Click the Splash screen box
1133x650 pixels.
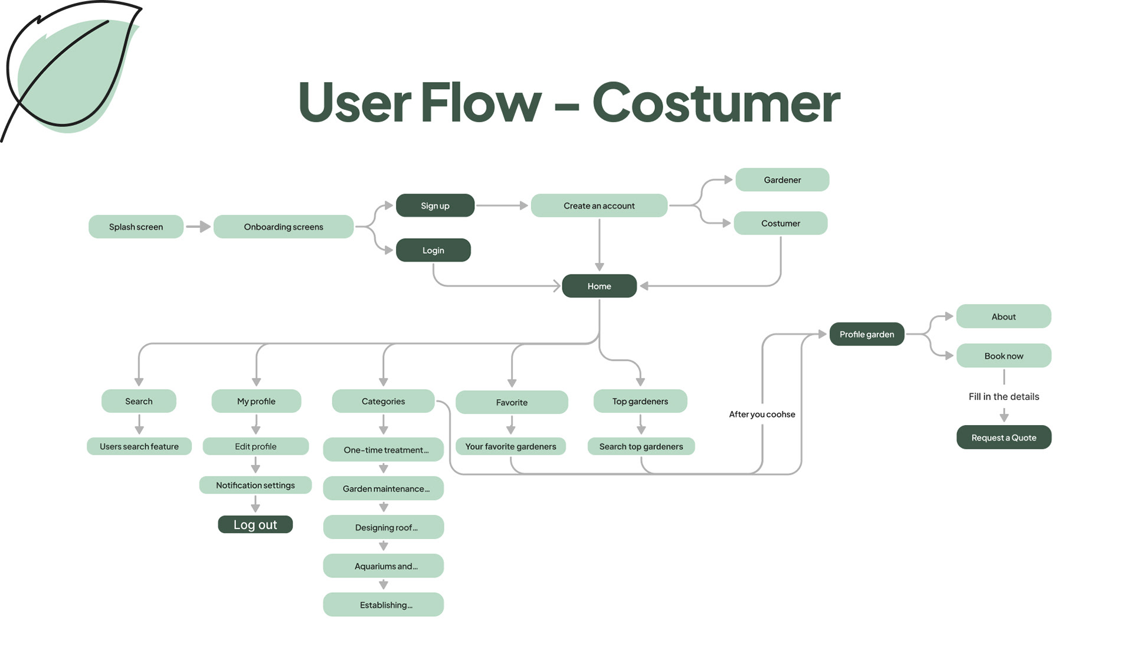click(x=136, y=227)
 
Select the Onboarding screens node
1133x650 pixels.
click(x=283, y=227)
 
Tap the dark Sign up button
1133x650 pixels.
click(x=435, y=205)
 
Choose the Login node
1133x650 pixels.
click(x=433, y=250)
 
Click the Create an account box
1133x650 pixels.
click(x=599, y=205)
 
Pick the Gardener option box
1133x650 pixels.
click(x=782, y=179)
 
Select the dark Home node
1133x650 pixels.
click(x=599, y=286)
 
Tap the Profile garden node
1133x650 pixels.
click(x=867, y=334)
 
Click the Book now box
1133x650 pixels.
click(x=1004, y=356)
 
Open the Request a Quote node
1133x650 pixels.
click(x=1004, y=437)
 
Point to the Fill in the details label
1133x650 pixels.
click(x=1004, y=397)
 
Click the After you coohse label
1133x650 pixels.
click(x=762, y=414)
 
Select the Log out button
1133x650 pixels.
click(x=255, y=524)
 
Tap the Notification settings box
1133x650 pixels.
click(x=255, y=485)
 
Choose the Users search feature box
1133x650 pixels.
click(x=139, y=446)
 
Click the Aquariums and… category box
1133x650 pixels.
click(x=384, y=566)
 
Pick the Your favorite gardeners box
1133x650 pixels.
click(x=510, y=446)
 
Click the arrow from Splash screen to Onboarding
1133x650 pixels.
click(x=198, y=227)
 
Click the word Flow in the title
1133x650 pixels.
click(x=480, y=102)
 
